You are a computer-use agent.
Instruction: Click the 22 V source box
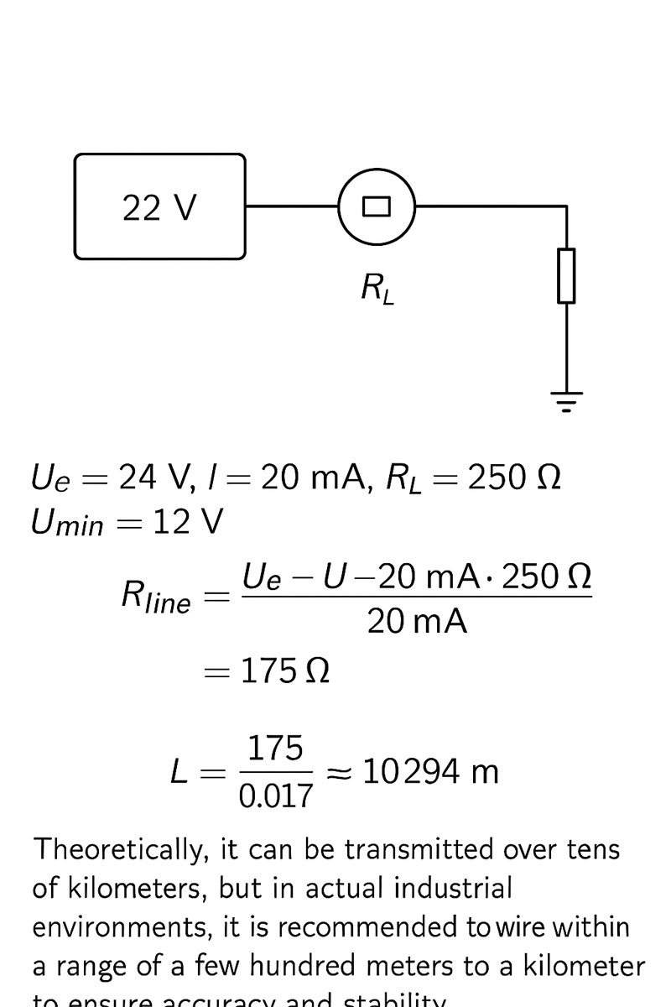[159, 206]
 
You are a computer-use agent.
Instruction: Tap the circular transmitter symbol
[377, 206]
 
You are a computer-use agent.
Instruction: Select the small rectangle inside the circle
[377, 206]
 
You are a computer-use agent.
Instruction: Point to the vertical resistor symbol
[567, 275]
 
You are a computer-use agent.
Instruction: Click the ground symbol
[567, 402]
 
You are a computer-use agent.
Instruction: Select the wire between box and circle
[291, 206]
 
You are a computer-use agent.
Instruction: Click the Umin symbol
[67, 524]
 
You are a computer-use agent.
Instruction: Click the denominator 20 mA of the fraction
[417, 622]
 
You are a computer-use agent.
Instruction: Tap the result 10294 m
[430, 771]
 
